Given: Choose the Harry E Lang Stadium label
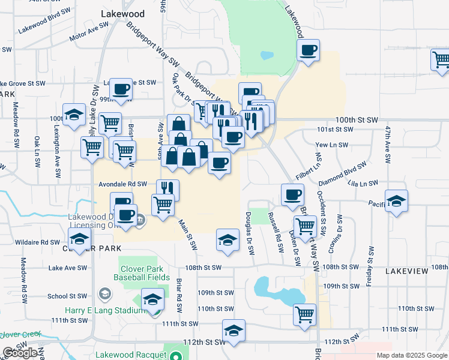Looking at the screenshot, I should coord(104,311).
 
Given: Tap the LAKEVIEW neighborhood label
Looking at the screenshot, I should coord(406,272).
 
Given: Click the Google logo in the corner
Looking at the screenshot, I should coord(20,353).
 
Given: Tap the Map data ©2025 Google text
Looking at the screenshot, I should coord(412,355).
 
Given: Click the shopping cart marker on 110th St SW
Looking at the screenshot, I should coord(305,313).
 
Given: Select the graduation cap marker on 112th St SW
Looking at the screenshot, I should coord(234,330).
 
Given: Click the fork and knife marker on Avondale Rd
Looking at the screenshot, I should coord(168,190).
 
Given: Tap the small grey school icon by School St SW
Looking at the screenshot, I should coord(104,293).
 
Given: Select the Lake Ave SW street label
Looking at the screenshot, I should coord(65,268).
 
